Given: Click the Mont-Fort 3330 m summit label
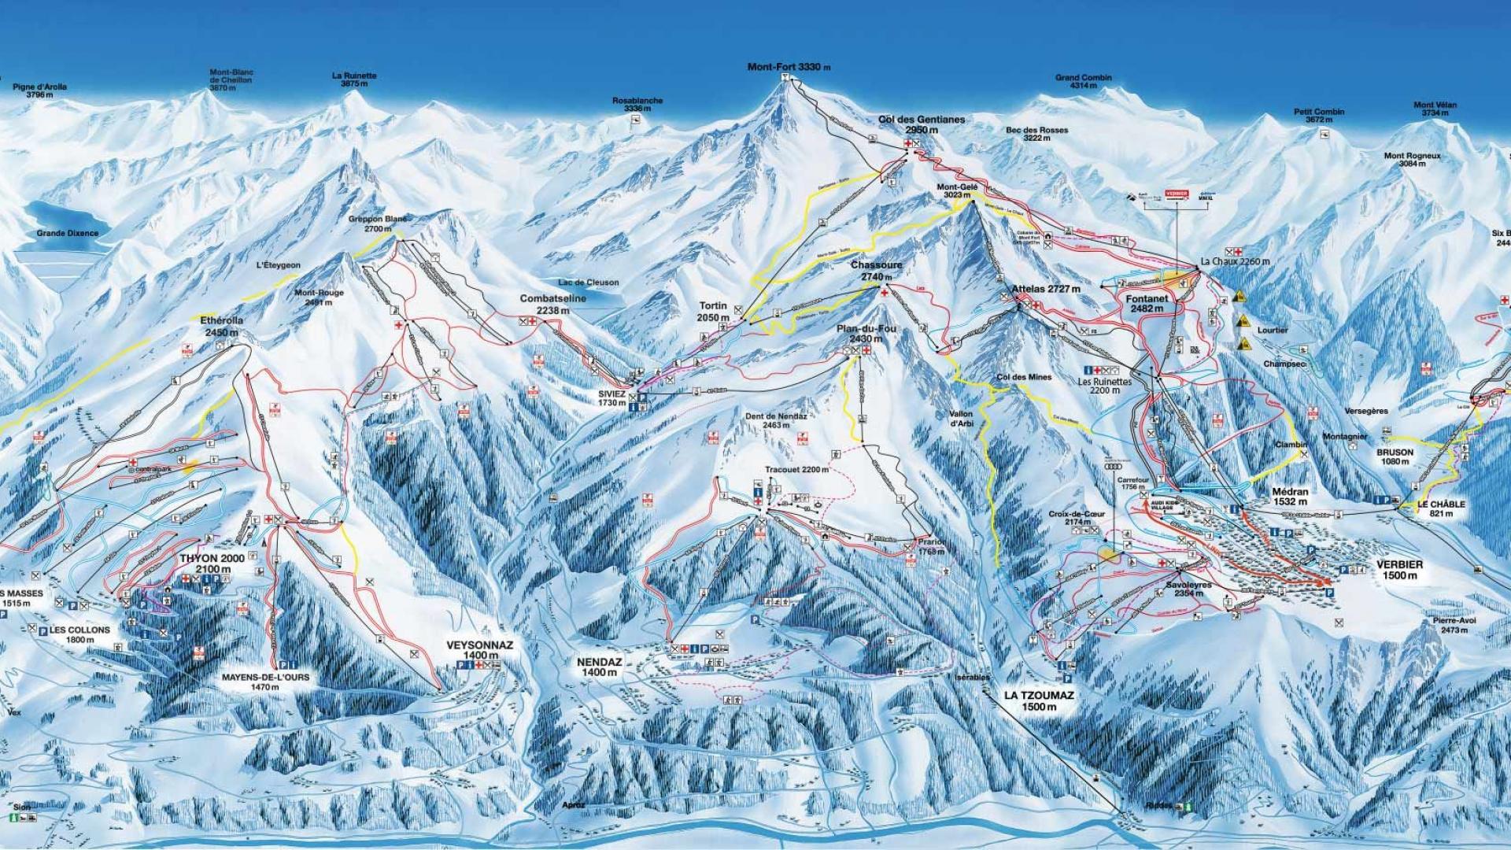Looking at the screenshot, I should click(788, 68).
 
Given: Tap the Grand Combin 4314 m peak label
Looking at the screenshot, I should click(1083, 82).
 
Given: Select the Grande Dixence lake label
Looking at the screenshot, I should click(68, 234).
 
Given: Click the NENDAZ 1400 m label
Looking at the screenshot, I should click(599, 667).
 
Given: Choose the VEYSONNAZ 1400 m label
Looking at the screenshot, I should click(479, 649).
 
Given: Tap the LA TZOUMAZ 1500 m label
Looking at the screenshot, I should click(1039, 700).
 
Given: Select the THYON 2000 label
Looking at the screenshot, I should click(212, 564).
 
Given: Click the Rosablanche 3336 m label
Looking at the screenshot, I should click(637, 105).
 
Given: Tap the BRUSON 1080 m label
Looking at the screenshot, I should click(1395, 457).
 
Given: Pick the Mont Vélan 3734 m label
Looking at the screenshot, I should click(1435, 109).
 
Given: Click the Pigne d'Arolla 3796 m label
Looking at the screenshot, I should click(39, 91).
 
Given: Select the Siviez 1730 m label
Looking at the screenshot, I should click(611, 397).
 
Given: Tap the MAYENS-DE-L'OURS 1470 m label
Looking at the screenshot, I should click(265, 682).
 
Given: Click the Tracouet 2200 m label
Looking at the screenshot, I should click(796, 470).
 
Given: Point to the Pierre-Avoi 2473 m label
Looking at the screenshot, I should click(1454, 626).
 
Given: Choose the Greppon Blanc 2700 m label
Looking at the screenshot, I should click(377, 224).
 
